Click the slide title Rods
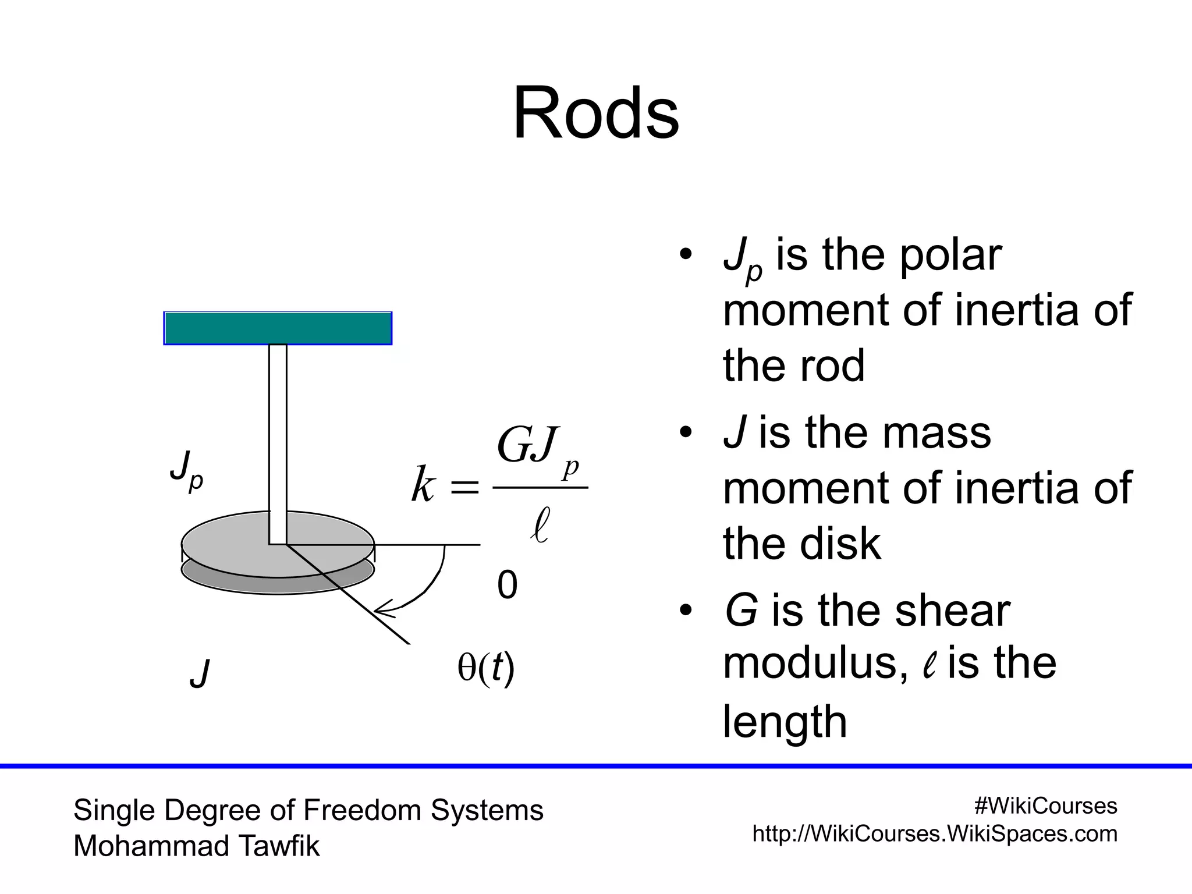tap(595, 113)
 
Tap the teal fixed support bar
tap(278, 328)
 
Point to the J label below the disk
tap(200, 673)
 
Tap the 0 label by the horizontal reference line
tap(507, 585)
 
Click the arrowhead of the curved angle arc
tap(381, 609)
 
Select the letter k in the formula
tap(423, 484)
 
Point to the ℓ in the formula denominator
tap(540, 524)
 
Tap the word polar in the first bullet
tap(950, 256)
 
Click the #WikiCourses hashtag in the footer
tap(1045, 806)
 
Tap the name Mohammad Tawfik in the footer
tap(196, 846)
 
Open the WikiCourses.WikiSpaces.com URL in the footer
tap(935, 834)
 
